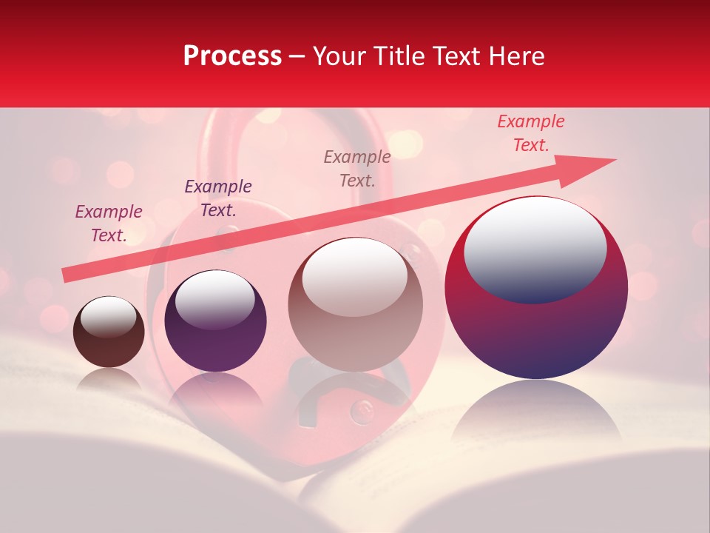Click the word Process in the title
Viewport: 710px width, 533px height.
pos(232,56)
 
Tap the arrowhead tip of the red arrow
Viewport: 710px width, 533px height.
pos(615,159)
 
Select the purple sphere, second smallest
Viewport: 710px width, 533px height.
pos(215,321)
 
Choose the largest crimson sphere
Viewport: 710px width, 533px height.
pos(536,289)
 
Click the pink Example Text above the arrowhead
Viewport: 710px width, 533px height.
pos(531,133)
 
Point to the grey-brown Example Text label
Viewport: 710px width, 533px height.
pos(357,168)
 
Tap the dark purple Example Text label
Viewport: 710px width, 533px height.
pos(218,198)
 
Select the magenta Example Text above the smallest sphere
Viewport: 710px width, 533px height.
pos(109,223)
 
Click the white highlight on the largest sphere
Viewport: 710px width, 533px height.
pos(535,247)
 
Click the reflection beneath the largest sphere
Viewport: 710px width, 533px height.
pos(536,415)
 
